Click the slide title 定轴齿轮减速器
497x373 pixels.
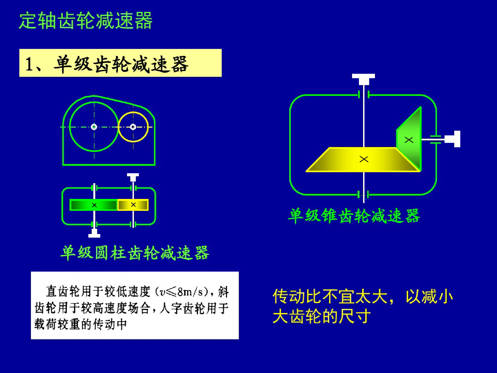86,20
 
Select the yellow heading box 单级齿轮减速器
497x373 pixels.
120,63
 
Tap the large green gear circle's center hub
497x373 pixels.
94,127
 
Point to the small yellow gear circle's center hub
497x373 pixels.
133,127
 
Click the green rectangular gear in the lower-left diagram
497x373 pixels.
94,205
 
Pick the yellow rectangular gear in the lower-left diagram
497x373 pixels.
133,205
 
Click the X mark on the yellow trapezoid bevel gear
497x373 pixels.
364,159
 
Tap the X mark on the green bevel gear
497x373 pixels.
409,140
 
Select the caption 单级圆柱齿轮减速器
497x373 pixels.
135,253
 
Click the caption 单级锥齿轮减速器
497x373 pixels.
354,216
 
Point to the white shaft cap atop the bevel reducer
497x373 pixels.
363,79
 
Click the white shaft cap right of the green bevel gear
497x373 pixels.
453,139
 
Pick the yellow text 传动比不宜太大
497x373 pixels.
330,296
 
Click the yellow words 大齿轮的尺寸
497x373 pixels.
322,316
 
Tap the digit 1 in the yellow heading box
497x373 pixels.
29,64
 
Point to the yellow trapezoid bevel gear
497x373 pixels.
363,160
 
